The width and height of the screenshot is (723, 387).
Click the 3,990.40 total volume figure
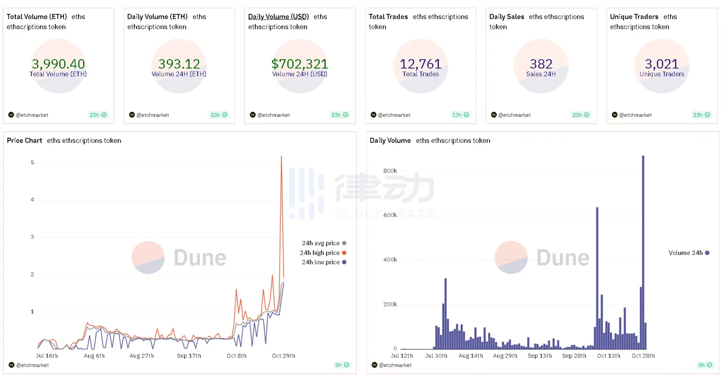[x=58, y=64]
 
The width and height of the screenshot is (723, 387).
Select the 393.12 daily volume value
[x=179, y=64]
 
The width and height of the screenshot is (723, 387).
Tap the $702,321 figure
[x=299, y=64]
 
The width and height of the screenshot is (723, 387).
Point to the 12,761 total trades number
[x=421, y=64]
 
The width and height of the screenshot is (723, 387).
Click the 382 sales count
[x=541, y=64]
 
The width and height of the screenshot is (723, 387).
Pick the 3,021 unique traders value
[x=662, y=64]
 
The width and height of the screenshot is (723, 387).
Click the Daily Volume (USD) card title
[x=278, y=17]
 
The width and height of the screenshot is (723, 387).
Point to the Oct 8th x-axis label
[x=236, y=356]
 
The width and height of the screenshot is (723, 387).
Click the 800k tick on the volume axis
[x=390, y=171]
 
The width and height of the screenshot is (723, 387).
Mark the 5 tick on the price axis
[x=32, y=163]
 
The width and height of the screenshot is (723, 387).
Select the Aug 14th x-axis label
[x=470, y=356]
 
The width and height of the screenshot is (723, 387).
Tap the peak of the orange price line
[x=281, y=156]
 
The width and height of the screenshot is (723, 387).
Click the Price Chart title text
[x=25, y=140]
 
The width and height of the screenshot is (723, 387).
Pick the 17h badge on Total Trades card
[x=460, y=115]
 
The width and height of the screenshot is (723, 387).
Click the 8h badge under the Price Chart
[x=342, y=365]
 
